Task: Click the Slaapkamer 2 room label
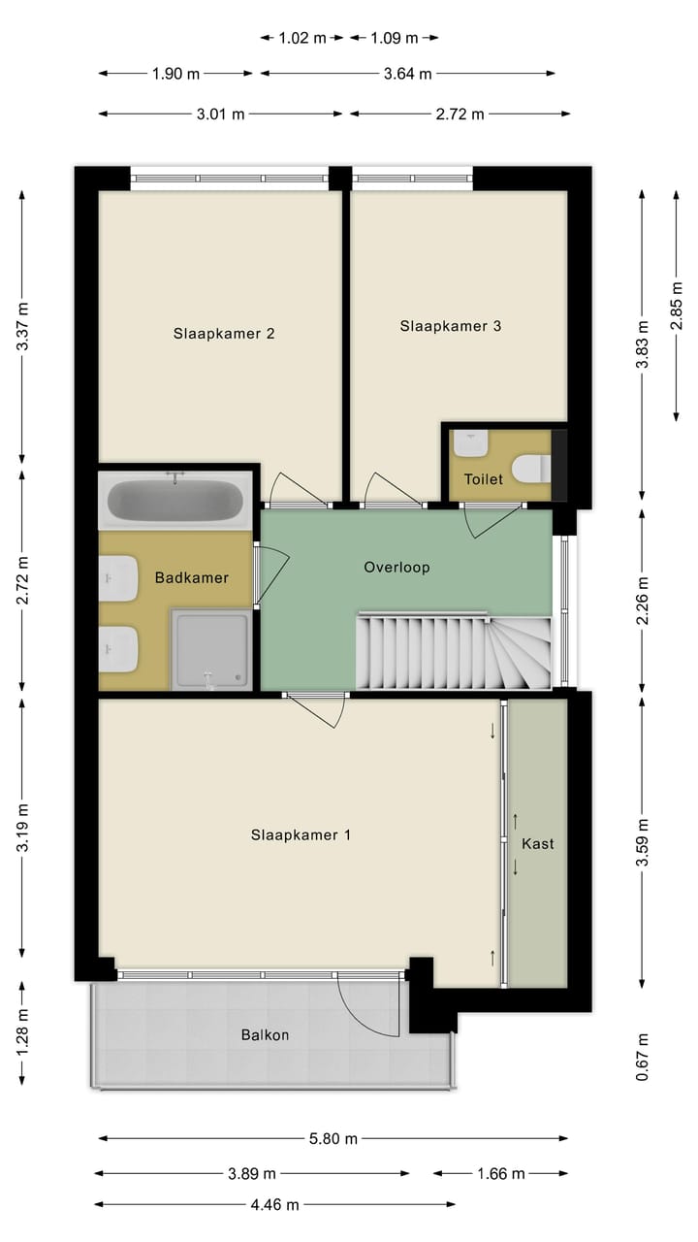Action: [x=224, y=334]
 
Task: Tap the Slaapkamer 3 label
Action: [x=450, y=326]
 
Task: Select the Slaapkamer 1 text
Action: [x=301, y=834]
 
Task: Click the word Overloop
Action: [x=397, y=567]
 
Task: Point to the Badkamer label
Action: [x=192, y=578]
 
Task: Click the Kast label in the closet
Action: [x=538, y=843]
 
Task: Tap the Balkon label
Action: [x=265, y=1034]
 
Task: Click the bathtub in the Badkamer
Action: [x=175, y=501]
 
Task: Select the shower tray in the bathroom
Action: [x=210, y=649]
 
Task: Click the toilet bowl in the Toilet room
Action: [x=528, y=469]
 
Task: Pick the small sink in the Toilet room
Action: [x=471, y=443]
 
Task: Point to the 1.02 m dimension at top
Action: [x=302, y=38]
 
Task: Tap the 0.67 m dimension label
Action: [x=642, y=1057]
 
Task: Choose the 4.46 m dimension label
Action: [x=275, y=1204]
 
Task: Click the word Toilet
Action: [x=483, y=479]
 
